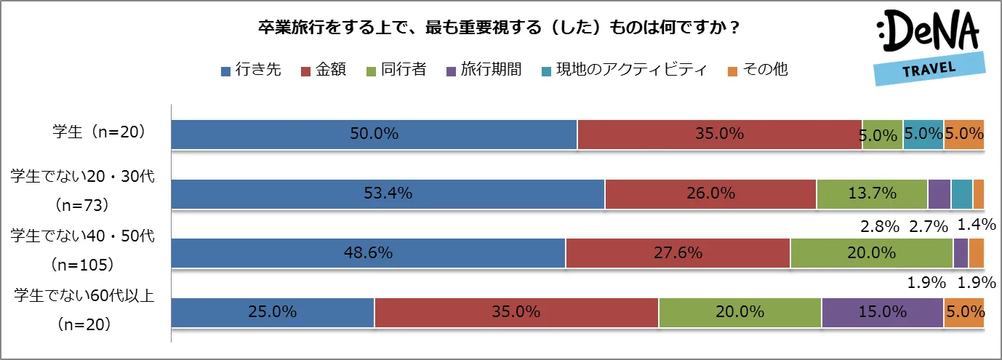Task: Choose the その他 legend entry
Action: click(x=758, y=70)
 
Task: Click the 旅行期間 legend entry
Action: click(x=484, y=70)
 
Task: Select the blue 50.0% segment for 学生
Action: click(x=374, y=135)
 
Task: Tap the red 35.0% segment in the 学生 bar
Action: click(x=719, y=135)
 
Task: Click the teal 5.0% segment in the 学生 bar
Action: click(x=923, y=135)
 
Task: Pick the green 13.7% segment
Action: click(x=872, y=193)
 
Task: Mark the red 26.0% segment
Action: click(x=710, y=193)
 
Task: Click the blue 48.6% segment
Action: click(x=368, y=253)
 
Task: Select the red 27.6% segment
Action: click(x=678, y=253)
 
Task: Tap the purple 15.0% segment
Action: click(x=882, y=312)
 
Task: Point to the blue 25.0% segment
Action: click(x=273, y=312)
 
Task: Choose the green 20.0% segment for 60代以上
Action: click(x=740, y=312)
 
